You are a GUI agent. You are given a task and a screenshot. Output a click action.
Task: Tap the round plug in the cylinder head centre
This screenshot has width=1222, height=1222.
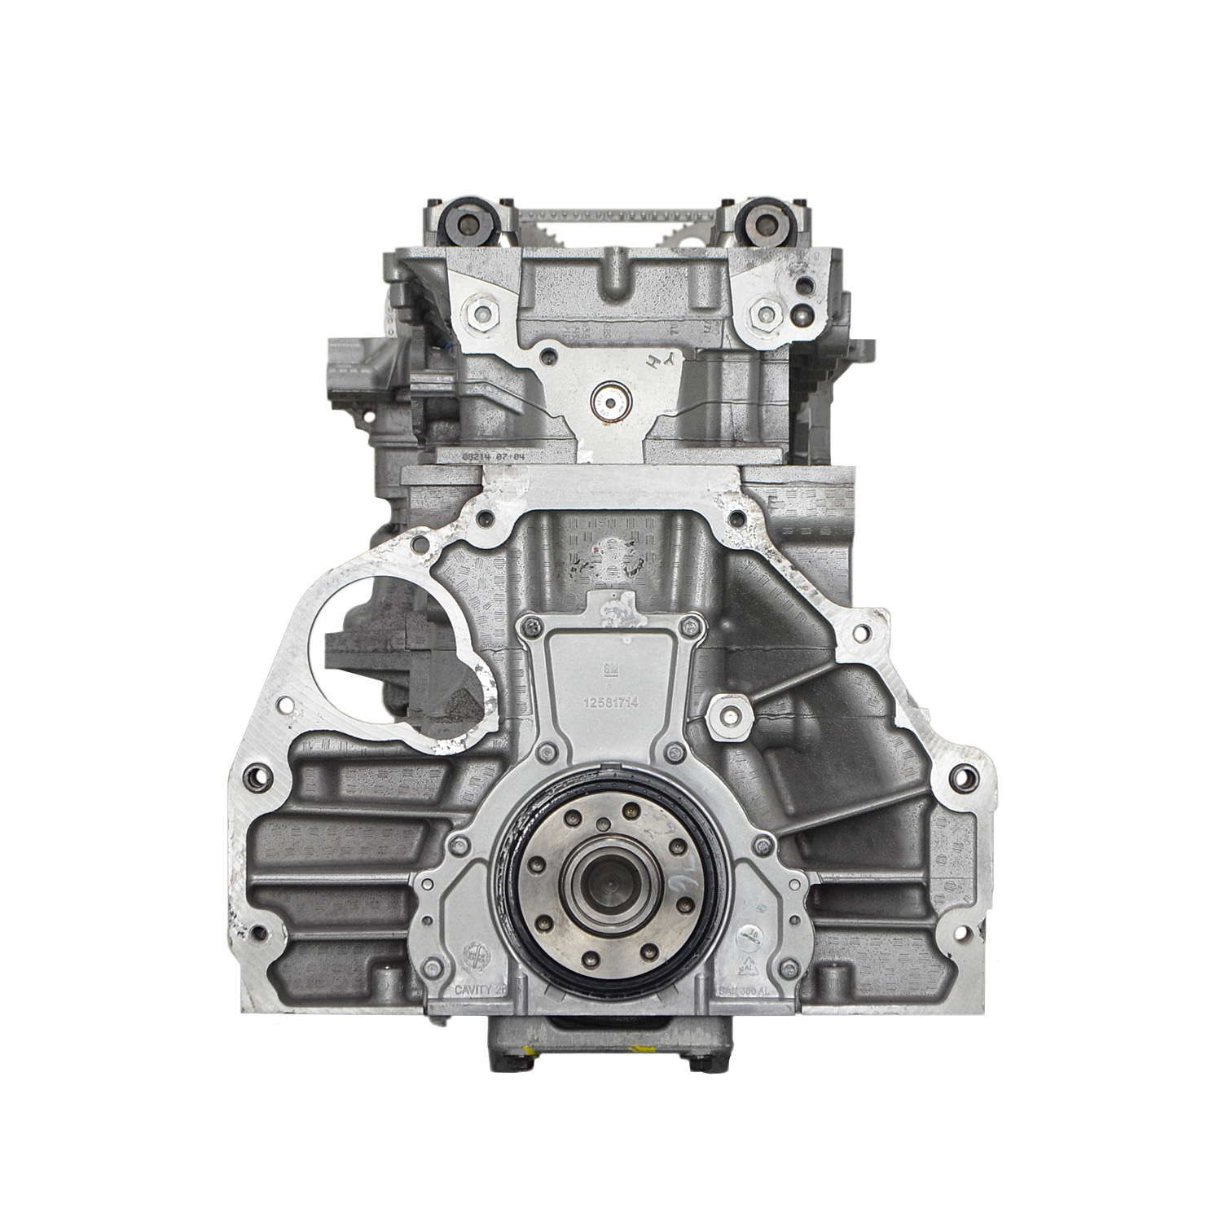[x=607, y=400]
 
